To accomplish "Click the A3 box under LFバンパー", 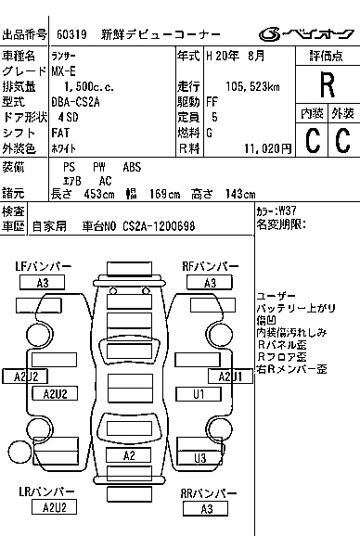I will [x=43, y=283].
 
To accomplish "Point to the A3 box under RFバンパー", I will [x=210, y=283].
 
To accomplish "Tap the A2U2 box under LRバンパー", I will [x=48, y=507].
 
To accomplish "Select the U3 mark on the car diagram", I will [x=199, y=458].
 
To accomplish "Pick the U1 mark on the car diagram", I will [x=198, y=394].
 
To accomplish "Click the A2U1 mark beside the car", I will [x=230, y=376].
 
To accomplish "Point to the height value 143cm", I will [x=240, y=194].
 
